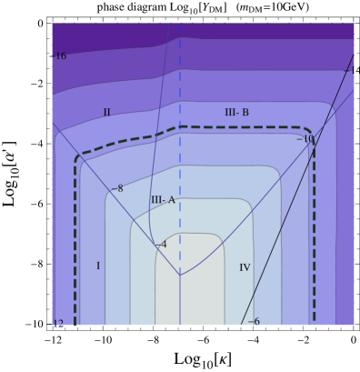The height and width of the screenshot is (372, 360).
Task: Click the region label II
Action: point(106,113)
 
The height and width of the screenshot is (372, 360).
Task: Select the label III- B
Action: point(236,113)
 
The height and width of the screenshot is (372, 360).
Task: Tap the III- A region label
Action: point(163,200)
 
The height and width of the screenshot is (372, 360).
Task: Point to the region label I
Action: point(98,266)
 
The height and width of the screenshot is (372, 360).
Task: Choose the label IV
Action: point(245,267)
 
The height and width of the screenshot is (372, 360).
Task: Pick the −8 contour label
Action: point(116,189)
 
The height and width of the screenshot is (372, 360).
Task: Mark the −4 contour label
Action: point(161,245)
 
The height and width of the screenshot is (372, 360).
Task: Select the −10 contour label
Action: point(305,139)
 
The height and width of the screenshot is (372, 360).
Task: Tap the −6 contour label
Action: point(254,322)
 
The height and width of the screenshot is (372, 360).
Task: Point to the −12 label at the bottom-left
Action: point(57,323)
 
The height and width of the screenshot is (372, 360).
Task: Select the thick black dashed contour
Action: point(76,236)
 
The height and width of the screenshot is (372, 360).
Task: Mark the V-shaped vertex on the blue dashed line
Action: point(180,275)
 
